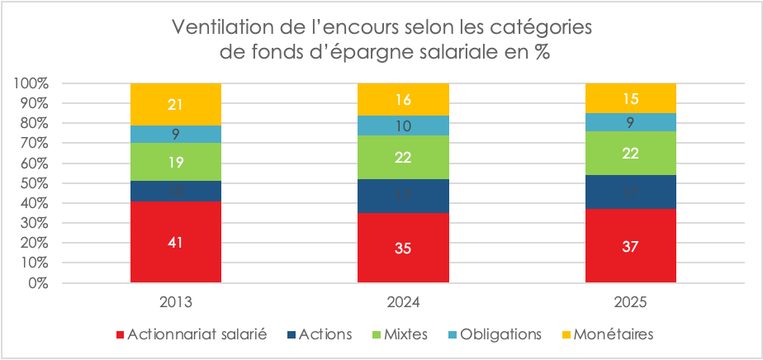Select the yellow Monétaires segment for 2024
click(403, 100)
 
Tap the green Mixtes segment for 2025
click(630, 153)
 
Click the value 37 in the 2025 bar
click(630, 246)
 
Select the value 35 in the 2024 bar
click(403, 249)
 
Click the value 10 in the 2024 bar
click(403, 126)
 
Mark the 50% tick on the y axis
click(36, 183)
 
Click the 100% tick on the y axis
click(32, 83)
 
